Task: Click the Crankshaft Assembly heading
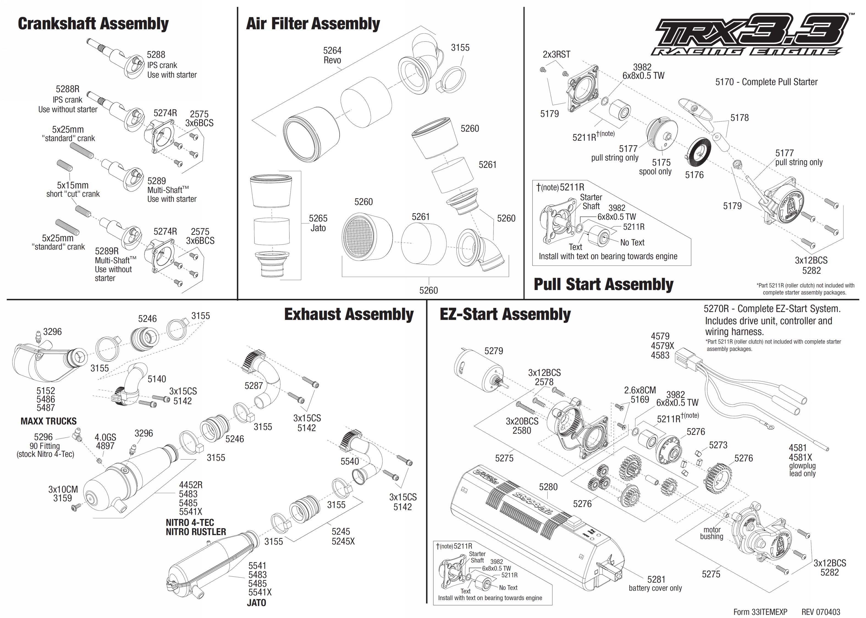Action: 93,24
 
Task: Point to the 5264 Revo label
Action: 332,55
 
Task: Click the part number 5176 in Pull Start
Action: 694,175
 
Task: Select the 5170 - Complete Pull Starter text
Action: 766,82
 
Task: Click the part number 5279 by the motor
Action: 493,351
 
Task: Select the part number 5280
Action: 548,487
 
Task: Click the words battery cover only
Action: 655,588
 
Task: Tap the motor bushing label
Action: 711,533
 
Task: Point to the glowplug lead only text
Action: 802,470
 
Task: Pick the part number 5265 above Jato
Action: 318,218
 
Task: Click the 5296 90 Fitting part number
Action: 43,437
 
